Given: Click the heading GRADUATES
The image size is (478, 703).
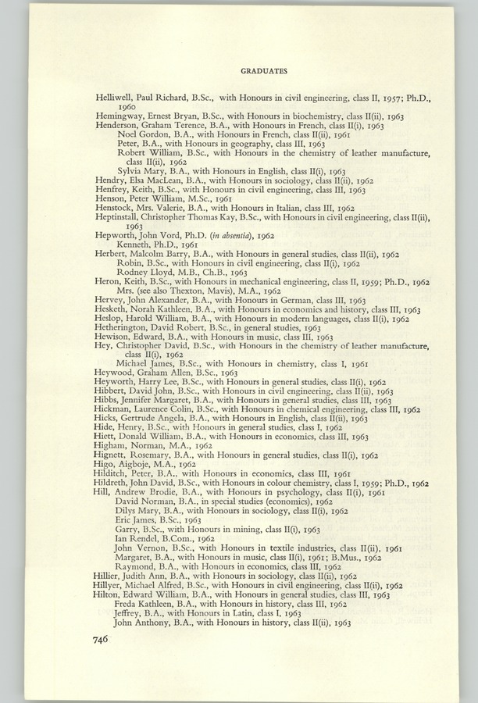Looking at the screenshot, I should pos(264,71).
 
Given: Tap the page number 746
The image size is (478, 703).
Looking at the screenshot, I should pos(103,639).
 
